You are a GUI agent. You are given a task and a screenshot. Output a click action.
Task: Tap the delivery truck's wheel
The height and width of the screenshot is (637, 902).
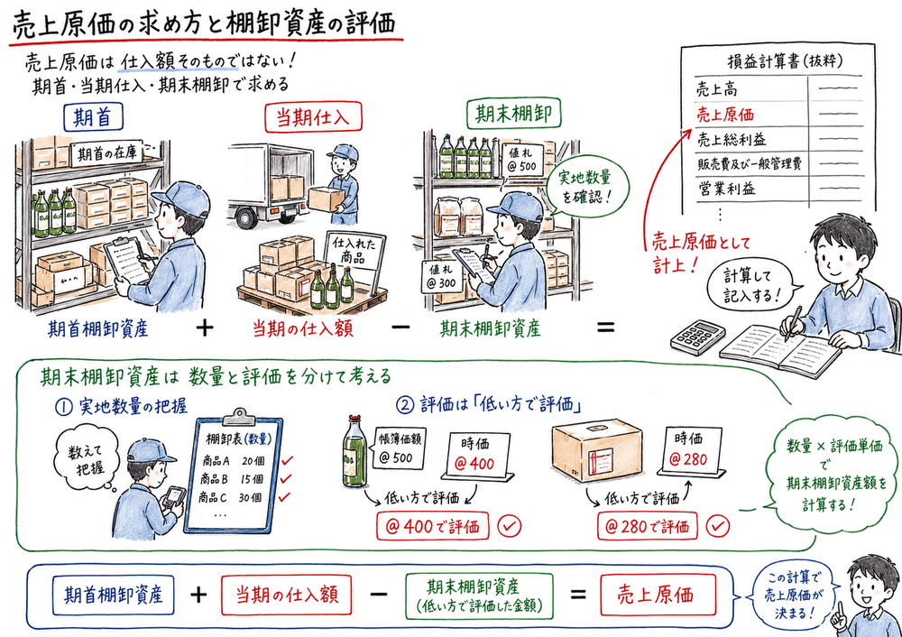tap(244, 217)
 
